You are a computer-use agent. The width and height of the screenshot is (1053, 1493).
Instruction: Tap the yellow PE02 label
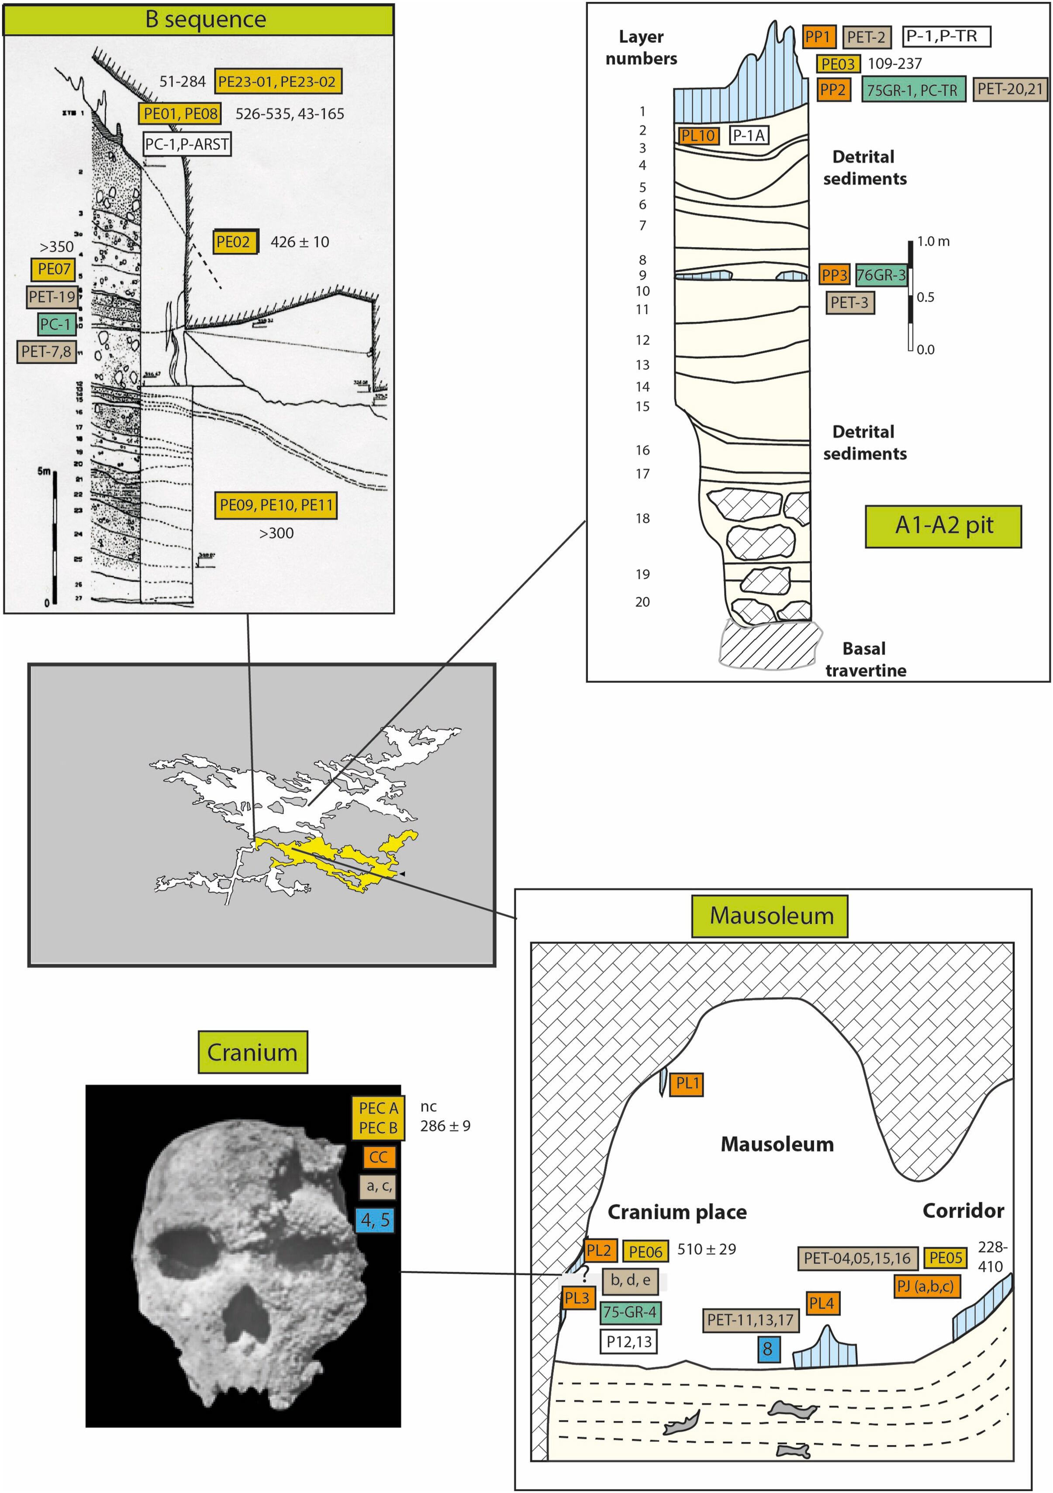[x=234, y=242]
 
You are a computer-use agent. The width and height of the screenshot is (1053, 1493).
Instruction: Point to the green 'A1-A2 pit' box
[x=943, y=526]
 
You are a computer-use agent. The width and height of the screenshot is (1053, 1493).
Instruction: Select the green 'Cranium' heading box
[x=252, y=1052]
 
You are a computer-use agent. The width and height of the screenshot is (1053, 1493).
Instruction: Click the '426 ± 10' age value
[x=300, y=242]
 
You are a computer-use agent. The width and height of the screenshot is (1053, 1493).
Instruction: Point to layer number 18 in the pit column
[x=642, y=518]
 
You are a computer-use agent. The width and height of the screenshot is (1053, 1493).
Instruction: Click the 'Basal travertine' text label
[x=865, y=659]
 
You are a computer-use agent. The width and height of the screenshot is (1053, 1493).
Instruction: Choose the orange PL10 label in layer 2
[x=698, y=135]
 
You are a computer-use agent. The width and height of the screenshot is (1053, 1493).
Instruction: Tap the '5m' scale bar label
[x=44, y=471]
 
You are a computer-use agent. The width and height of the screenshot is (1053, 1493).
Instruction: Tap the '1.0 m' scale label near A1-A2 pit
[x=933, y=242]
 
